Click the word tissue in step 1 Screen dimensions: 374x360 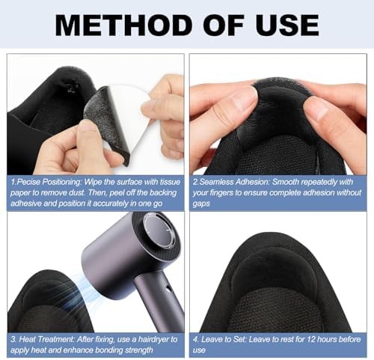[x=170, y=182]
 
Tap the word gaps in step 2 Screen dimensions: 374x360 [x=201, y=204]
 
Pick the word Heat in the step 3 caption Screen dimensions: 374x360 [x=28, y=339]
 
